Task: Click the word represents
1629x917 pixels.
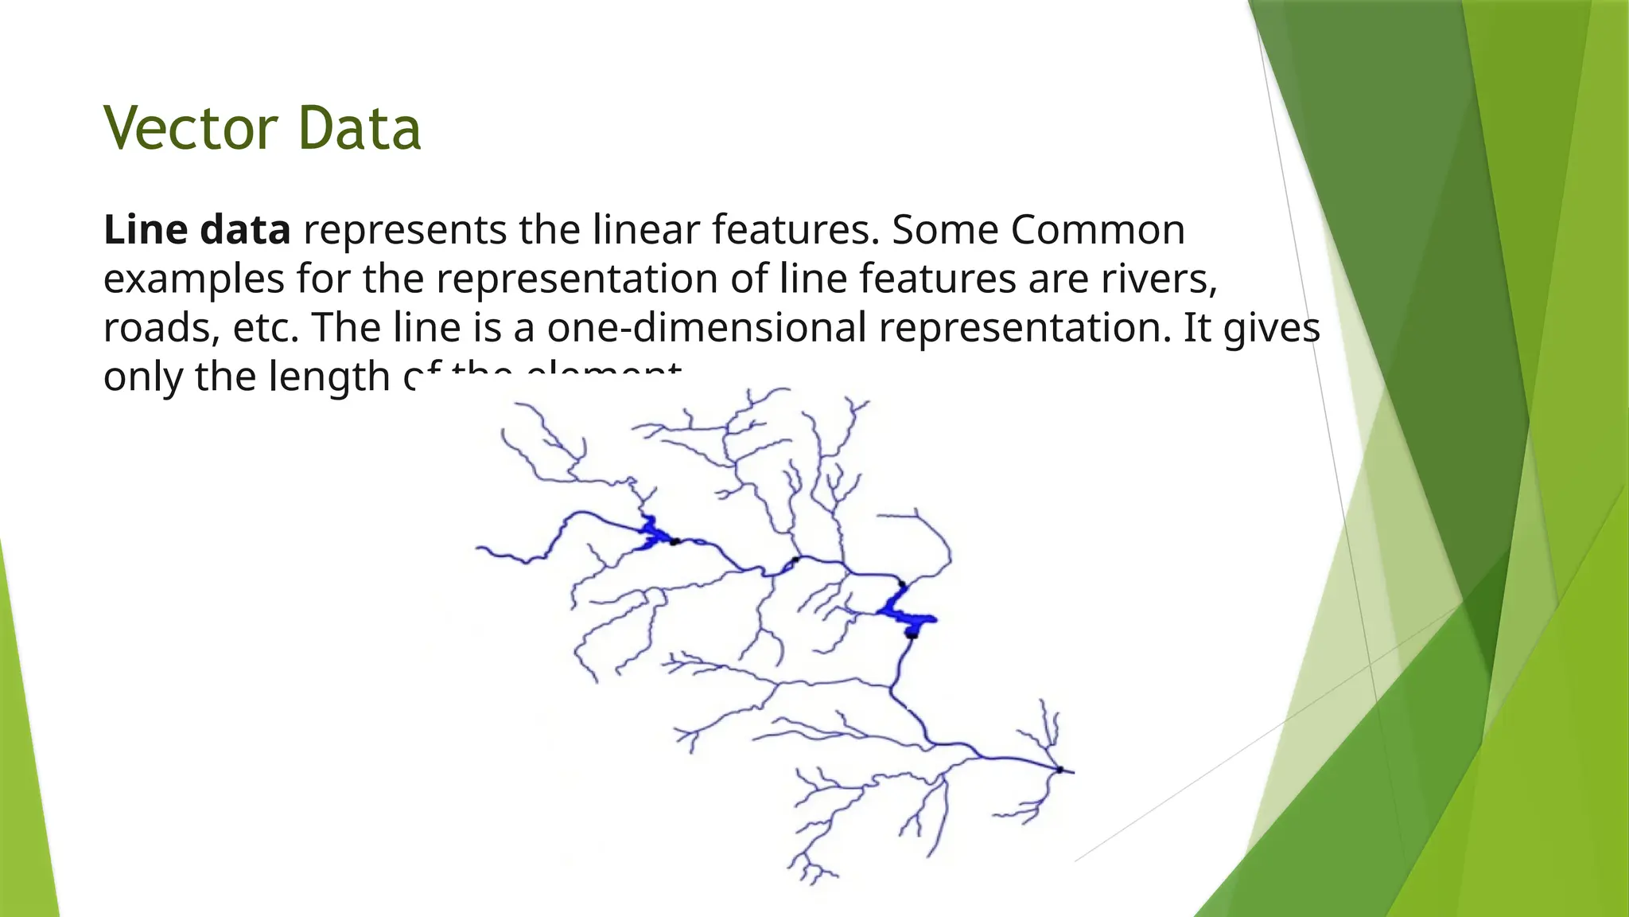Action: (x=405, y=230)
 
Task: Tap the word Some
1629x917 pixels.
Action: (x=944, y=230)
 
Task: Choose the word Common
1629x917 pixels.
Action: (x=1098, y=230)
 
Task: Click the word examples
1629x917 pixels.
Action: (x=194, y=279)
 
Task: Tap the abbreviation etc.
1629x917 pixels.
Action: (x=266, y=328)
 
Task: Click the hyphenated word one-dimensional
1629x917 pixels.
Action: (x=706, y=328)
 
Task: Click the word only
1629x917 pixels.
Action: (x=143, y=377)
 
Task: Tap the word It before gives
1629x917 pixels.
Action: (x=1197, y=328)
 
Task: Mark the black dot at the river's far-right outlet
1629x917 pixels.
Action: (x=1060, y=769)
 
